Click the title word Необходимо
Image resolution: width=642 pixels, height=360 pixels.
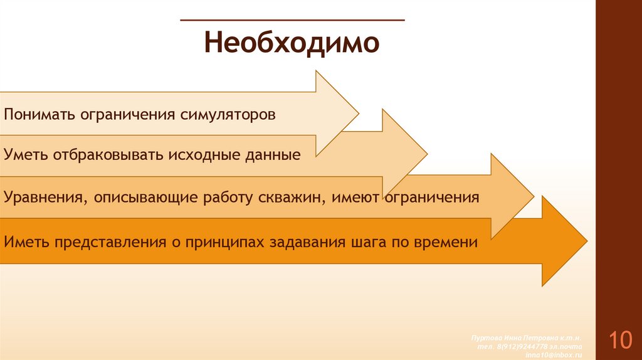(x=292, y=44)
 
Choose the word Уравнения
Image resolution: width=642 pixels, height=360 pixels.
(x=45, y=198)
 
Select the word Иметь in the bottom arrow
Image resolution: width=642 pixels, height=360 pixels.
(x=26, y=241)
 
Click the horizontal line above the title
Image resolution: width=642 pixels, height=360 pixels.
(x=292, y=20)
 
